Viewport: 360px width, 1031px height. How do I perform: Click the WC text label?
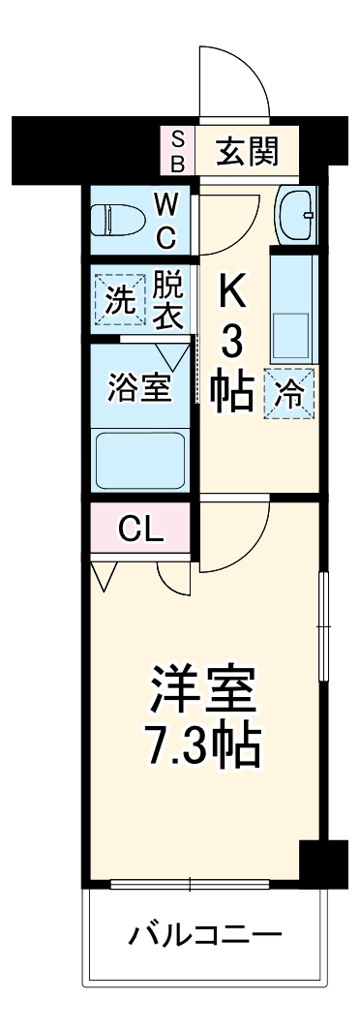coord(165,220)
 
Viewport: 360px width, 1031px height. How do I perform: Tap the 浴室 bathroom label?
coord(139,387)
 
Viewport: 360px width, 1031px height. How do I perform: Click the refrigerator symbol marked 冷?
coord(290,394)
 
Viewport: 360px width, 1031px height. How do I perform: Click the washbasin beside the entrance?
coord(295,215)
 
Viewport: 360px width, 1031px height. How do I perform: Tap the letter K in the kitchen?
coord(232,290)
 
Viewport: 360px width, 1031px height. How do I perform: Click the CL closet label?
coord(140,530)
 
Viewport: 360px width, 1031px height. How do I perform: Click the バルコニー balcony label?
coord(206,935)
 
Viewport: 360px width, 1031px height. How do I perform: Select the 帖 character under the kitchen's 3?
coord(232,390)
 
